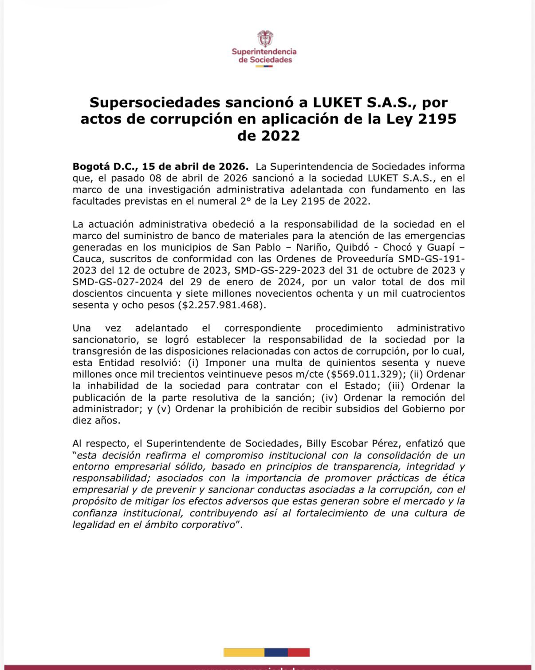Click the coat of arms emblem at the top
265,39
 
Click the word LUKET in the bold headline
337,102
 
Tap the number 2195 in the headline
437,119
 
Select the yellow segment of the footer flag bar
244,652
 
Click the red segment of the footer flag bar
299,652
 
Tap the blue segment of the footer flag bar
276,652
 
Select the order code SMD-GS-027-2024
118,282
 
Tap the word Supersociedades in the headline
155,102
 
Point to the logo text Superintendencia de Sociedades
264,56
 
